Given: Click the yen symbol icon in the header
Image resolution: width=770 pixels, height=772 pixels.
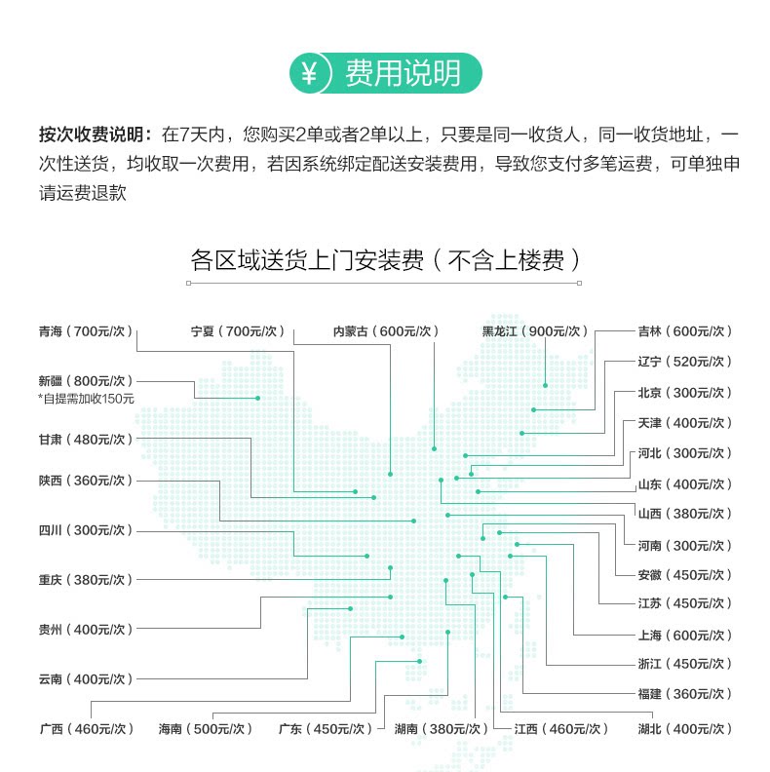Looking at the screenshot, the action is [x=311, y=73].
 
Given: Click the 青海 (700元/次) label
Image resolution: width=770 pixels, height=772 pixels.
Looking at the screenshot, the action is [x=85, y=330].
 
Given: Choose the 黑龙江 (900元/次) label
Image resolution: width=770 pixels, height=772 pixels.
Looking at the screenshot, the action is [x=535, y=330].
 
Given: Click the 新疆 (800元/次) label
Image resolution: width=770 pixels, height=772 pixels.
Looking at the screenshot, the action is [x=85, y=380].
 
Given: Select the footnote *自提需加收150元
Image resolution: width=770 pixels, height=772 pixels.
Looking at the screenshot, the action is [x=86, y=398].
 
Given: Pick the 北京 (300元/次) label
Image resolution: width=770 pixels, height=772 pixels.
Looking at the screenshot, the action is [x=683, y=392].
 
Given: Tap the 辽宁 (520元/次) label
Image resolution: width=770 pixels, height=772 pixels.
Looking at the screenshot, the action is [x=683, y=361].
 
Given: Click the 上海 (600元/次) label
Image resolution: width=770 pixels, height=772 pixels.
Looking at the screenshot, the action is [x=683, y=635].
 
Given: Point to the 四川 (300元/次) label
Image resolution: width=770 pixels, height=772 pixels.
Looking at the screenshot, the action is [x=85, y=530].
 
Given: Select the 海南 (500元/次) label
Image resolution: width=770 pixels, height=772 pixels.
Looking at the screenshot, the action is [x=205, y=728].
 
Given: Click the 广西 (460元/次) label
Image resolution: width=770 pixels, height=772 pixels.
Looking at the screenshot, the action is [x=85, y=728].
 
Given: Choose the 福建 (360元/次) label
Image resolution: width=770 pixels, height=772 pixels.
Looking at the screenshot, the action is [x=683, y=694].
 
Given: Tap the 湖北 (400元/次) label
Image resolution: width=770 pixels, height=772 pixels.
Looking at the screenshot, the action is [x=683, y=728].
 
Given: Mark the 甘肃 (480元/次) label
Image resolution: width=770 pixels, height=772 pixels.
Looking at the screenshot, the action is [x=85, y=439].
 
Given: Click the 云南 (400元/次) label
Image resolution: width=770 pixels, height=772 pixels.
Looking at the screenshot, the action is [x=85, y=678].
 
